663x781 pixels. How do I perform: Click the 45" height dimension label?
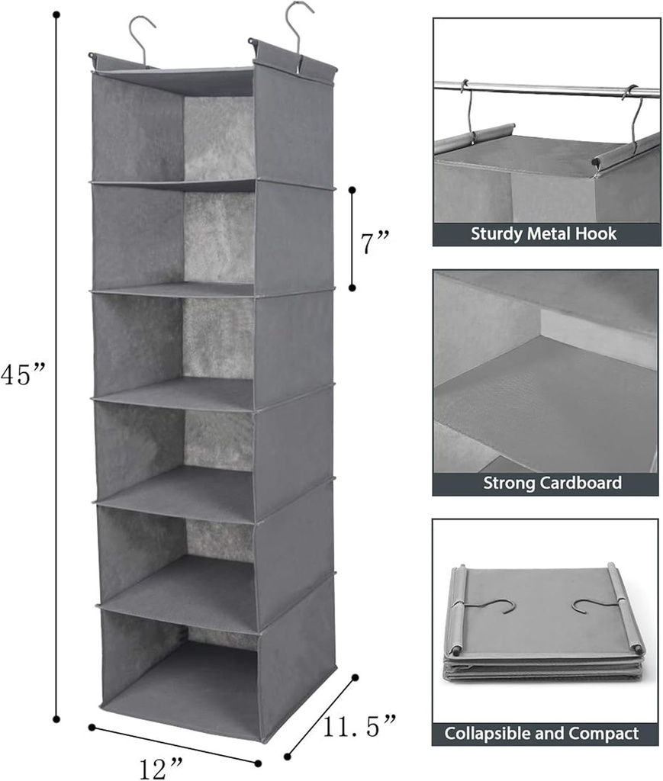24,375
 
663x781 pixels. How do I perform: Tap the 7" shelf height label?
375,244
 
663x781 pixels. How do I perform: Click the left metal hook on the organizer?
140,38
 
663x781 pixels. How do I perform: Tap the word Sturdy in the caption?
497,234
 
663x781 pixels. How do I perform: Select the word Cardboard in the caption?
581,483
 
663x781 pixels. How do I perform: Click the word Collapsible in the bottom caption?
489,734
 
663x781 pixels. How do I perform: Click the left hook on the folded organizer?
497,606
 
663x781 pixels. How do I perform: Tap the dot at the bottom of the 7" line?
352,288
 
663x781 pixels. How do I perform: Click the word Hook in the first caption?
600,234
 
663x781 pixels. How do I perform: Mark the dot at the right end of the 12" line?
259,763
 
